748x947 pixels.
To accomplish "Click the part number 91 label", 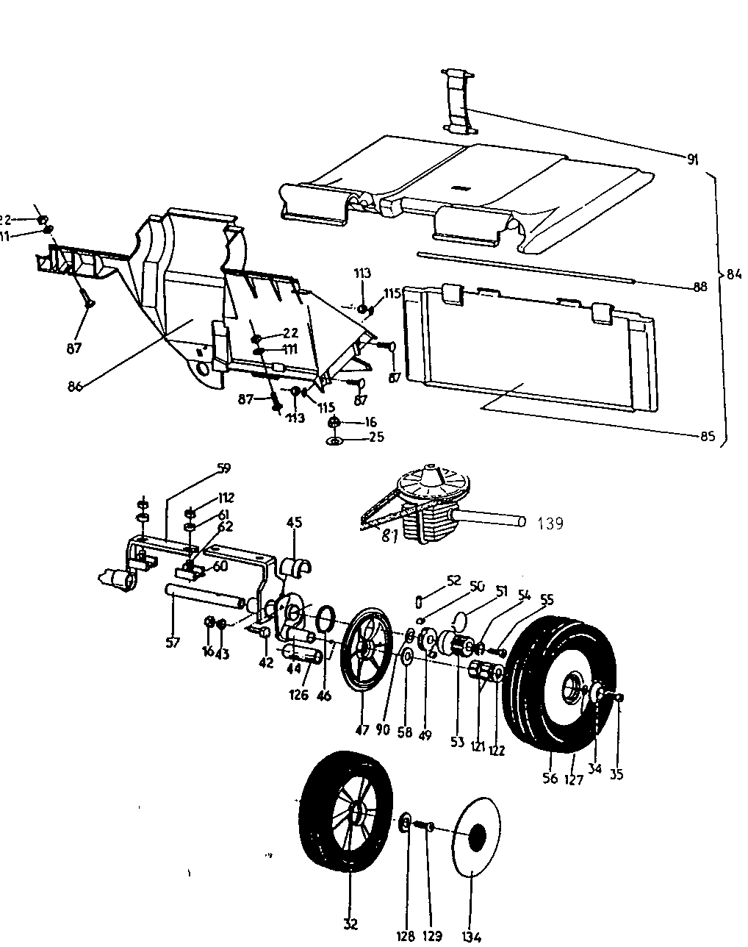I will (x=692, y=160).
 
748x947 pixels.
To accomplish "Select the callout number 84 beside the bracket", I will (x=733, y=274).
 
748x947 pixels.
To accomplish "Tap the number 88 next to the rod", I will (x=700, y=287).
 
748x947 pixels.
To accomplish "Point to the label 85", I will (x=706, y=435).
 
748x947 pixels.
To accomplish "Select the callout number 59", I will (x=224, y=468).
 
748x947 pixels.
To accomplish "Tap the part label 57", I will (x=172, y=643).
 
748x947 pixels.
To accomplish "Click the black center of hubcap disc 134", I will (x=476, y=836).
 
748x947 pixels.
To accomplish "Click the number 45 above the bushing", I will (x=294, y=523).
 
